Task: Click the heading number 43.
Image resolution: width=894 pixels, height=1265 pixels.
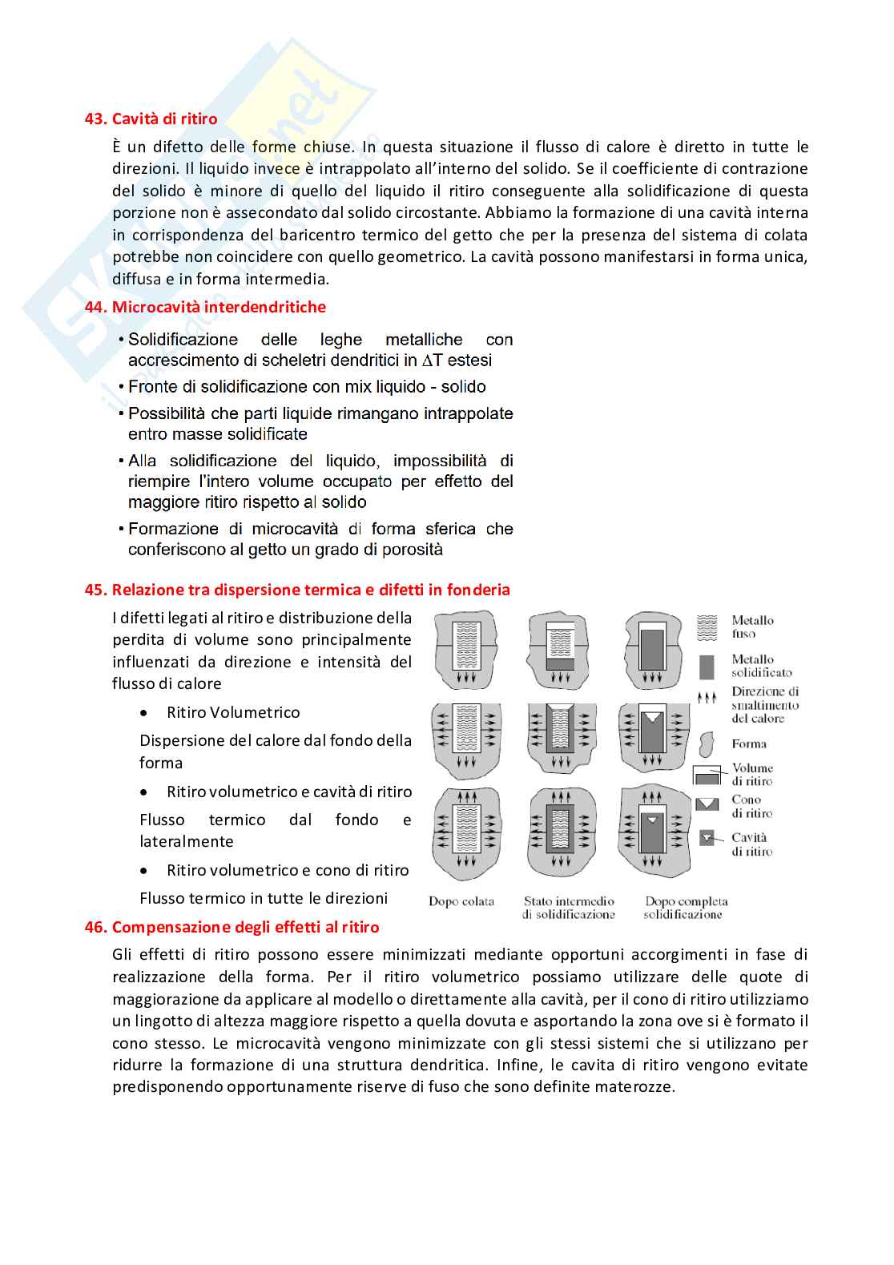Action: [96, 119]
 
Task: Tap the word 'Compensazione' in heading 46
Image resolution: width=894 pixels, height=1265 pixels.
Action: [165, 927]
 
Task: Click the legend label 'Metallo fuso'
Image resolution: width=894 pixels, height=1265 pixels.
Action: [752, 626]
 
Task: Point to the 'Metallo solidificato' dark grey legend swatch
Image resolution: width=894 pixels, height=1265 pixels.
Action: [707, 667]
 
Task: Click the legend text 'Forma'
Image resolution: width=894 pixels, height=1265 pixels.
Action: [749, 743]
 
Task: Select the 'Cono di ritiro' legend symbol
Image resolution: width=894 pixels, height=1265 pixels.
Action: [707, 804]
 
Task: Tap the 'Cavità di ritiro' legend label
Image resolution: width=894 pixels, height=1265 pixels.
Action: [751, 844]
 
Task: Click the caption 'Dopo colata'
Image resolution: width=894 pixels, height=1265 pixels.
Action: [461, 901]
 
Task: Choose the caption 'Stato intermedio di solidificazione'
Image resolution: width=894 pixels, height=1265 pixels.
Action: [569, 908]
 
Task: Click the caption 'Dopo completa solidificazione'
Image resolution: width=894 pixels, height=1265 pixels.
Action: [686, 908]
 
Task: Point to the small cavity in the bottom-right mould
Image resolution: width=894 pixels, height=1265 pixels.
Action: [653, 820]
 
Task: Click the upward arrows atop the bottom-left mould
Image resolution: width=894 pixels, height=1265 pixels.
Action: [467, 796]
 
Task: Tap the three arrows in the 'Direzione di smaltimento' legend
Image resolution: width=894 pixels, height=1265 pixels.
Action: [706, 698]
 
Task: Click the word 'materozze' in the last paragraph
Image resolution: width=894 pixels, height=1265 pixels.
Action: [639, 1087]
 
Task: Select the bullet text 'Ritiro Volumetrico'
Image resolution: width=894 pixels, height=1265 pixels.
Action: [233, 712]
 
